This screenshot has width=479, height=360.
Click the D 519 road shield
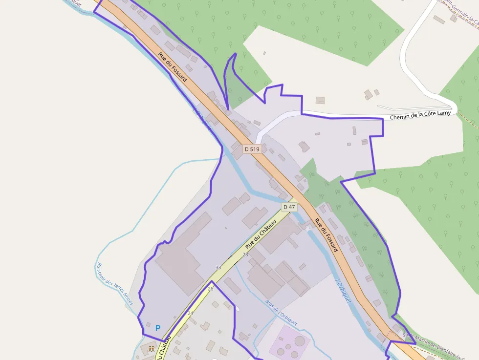coord(251,149)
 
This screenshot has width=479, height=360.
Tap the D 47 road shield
coord(289,207)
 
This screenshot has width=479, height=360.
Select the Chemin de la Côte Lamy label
coord(420,115)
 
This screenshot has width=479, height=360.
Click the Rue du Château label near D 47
coord(261,233)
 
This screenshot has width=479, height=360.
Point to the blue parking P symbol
coord(157,328)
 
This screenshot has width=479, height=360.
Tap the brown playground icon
coord(152,349)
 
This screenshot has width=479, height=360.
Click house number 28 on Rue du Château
coord(245,255)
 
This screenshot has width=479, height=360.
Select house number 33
coord(218,268)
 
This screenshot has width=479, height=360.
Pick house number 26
coord(211,289)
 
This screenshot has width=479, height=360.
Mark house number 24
coord(190,313)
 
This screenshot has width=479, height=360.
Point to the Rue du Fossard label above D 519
coord(173,66)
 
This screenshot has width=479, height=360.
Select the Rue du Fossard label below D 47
coord(326,235)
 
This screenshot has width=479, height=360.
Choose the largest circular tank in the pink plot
coord(300,340)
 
